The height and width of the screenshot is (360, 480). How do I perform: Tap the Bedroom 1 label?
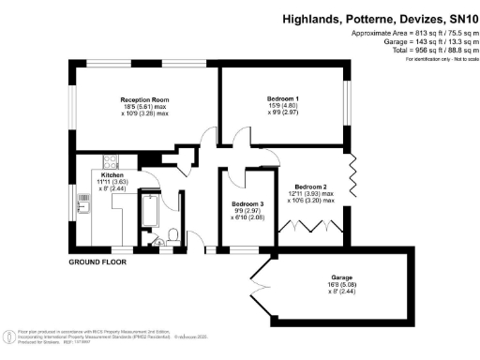283,98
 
